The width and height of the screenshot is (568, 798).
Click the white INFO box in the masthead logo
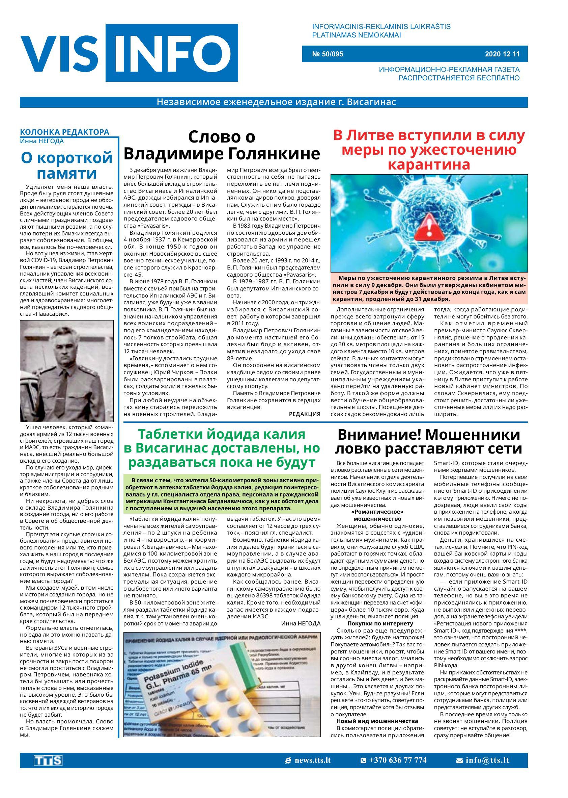[x=172, y=53]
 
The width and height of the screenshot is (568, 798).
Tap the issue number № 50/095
[x=328, y=54]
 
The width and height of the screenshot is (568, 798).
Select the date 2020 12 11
[x=502, y=54]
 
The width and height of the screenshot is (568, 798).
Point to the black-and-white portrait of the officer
[x=67, y=371]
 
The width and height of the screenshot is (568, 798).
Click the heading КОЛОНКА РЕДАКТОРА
[x=65, y=132]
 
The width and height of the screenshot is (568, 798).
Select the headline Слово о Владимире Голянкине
[x=222, y=145]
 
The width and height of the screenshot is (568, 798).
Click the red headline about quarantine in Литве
[x=429, y=150]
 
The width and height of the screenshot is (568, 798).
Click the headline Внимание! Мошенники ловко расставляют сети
[x=429, y=442]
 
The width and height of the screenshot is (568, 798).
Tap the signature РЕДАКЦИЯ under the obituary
[x=304, y=414]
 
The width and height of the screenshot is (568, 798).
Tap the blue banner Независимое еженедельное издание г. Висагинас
[x=276, y=102]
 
